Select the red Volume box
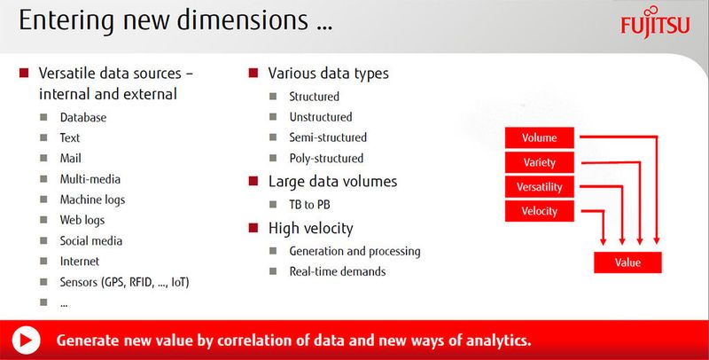(540, 137)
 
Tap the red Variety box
(540, 162)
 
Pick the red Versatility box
(540, 187)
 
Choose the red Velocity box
(540, 211)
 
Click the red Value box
(628, 262)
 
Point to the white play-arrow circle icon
(27, 340)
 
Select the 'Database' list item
(83, 117)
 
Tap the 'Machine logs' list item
(92, 200)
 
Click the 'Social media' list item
(90, 240)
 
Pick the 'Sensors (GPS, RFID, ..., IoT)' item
(125, 282)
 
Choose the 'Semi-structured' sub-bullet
(327, 137)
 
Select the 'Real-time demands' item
(337, 271)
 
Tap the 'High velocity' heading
(310, 229)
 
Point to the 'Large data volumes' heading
(332, 182)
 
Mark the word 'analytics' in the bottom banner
(493, 340)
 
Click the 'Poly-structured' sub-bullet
(326, 159)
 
